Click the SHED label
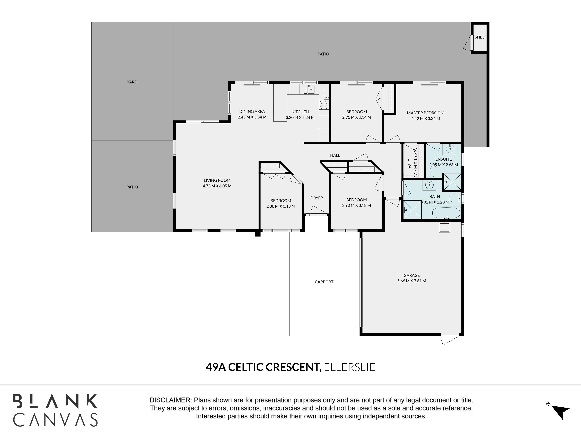tap(480, 37)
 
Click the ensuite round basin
tap(450, 149)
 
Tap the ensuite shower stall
tap(452, 182)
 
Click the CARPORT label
tap(324, 282)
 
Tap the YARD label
tap(132, 82)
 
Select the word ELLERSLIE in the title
tap(349, 367)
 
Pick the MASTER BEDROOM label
tap(425, 113)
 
